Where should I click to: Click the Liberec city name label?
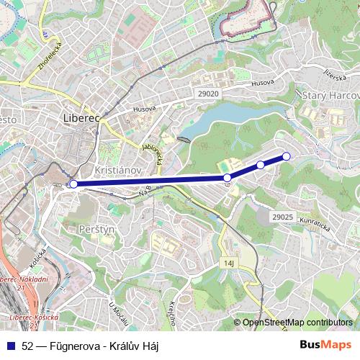[x=81, y=118]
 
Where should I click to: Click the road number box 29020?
[x=207, y=94]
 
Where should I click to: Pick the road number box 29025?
[x=283, y=216]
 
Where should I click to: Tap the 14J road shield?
[x=230, y=264]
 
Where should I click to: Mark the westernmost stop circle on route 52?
[x=73, y=184]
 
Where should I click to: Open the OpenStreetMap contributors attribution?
[x=297, y=323]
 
